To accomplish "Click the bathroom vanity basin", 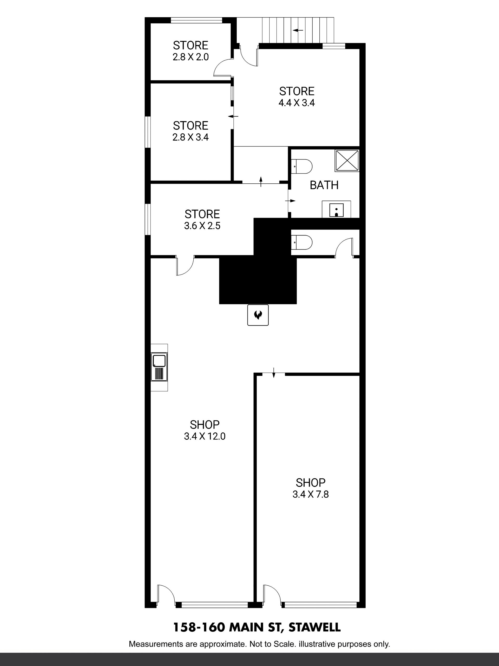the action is [x=336, y=209].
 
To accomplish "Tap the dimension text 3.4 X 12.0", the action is [x=205, y=436].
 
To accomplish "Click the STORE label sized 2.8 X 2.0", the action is [x=191, y=46].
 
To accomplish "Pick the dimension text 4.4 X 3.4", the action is [x=297, y=103].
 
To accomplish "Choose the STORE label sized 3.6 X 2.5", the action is [x=202, y=214].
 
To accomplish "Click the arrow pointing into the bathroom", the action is [x=292, y=201].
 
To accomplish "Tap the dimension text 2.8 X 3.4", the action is [x=191, y=137].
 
